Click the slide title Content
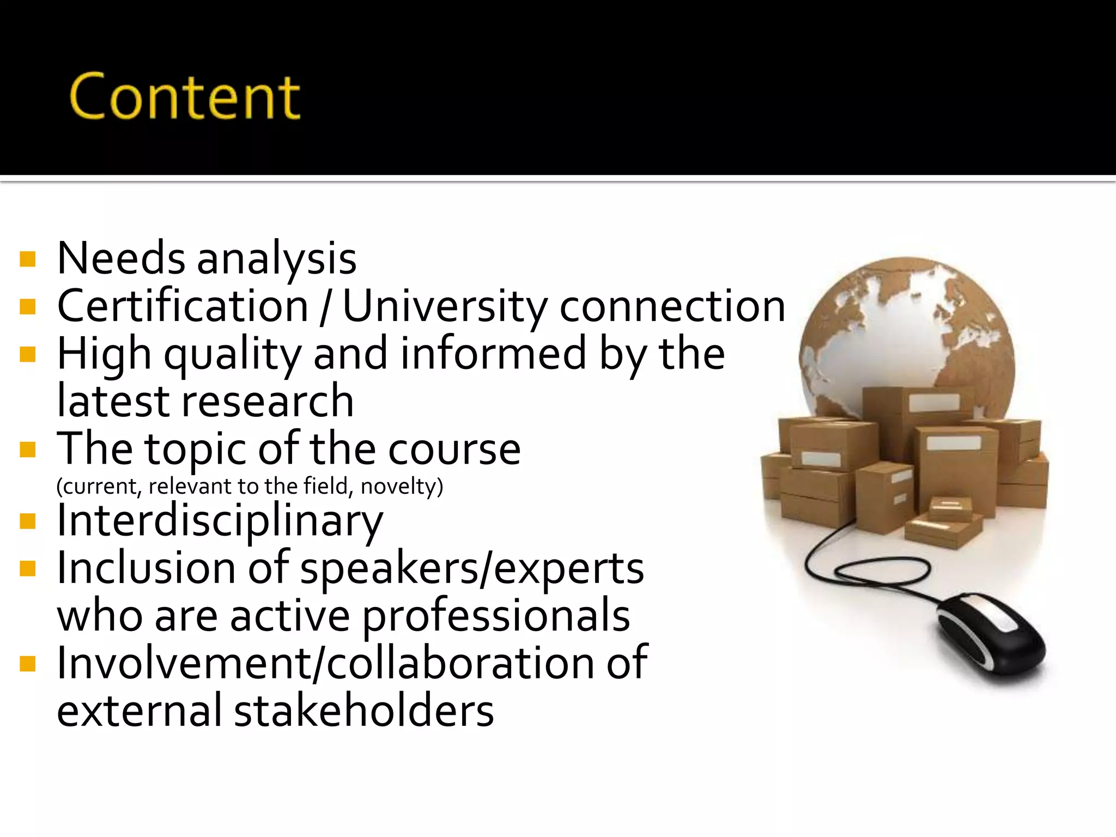click(184, 97)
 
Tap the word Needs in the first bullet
click(121, 258)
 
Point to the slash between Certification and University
click(326, 307)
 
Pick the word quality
click(233, 355)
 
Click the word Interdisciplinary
click(220, 521)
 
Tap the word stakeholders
click(364, 711)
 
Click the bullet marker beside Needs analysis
click(27, 259)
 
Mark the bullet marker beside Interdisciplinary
click(27, 521)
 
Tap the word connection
click(672, 307)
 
